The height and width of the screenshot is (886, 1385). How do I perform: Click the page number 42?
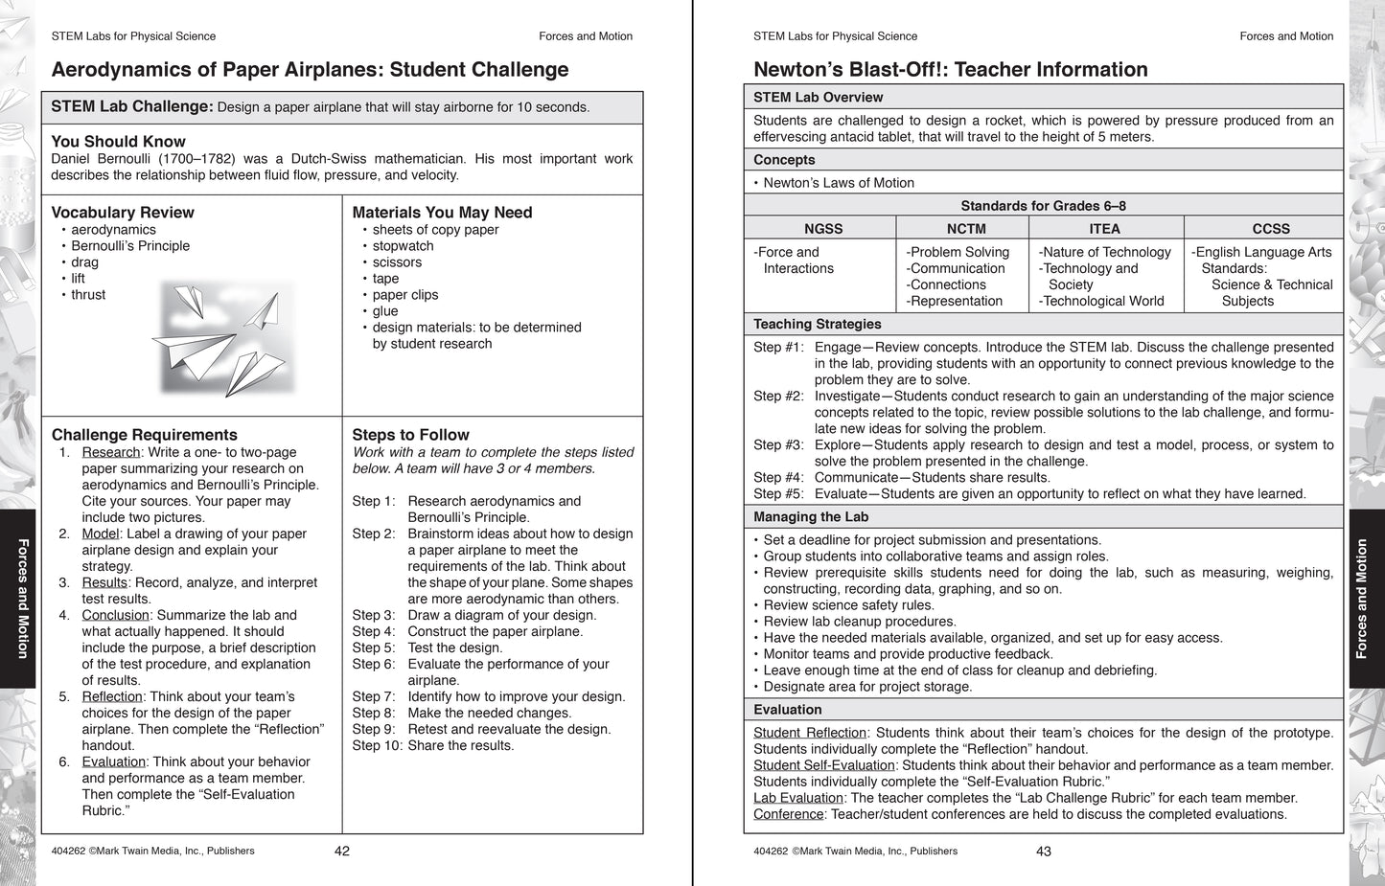point(342,851)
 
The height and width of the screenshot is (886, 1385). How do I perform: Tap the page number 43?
point(1044,851)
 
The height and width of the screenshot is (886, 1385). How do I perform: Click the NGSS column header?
point(823,229)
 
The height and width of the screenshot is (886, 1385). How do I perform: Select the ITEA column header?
point(1104,229)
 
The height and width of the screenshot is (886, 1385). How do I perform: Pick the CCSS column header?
point(1270,229)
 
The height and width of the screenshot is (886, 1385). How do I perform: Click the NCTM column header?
point(966,229)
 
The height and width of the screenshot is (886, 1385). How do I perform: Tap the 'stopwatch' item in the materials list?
point(403,246)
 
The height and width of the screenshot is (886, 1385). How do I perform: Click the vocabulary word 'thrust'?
point(88,295)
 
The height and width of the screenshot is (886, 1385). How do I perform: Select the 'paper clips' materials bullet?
point(404,295)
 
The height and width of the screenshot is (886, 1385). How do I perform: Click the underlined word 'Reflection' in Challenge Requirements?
point(112,696)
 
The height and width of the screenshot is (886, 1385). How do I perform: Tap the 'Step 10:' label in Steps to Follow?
point(377,745)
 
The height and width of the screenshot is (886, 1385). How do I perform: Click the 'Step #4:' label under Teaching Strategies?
point(778,477)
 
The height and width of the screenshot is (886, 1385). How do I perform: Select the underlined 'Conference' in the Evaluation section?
point(788,814)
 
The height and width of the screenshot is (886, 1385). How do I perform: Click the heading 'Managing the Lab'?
point(811,517)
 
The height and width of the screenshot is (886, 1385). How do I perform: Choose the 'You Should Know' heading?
point(118,142)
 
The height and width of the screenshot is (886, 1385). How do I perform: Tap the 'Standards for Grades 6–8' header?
point(1043,206)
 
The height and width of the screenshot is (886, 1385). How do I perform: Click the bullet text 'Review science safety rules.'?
point(848,605)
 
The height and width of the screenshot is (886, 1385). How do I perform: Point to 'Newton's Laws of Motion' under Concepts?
point(839,183)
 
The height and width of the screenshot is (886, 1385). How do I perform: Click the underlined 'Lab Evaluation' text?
point(797,798)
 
